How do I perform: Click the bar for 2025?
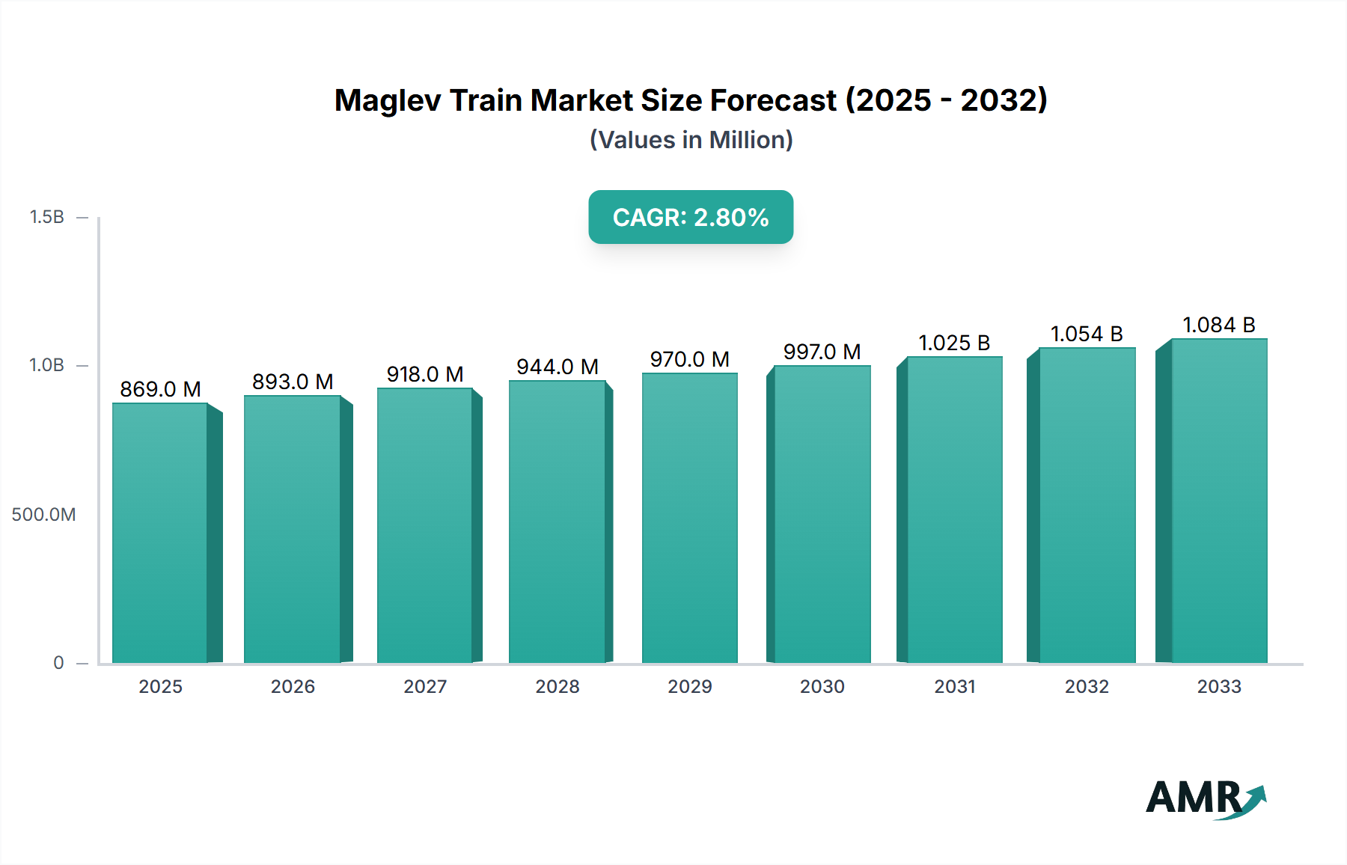(x=160, y=533)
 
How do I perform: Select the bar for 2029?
(x=689, y=518)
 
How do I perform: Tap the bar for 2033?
(x=1219, y=501)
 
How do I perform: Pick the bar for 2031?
(x=954, y=510)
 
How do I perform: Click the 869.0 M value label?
(x=160, y=389)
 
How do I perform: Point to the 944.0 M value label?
(x=558, y=367)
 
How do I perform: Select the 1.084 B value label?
(x=1219, y=325)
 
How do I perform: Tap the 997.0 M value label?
(x=822, y=352)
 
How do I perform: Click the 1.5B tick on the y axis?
(x=46, y=217)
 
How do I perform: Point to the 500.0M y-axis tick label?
(x=43, y=515)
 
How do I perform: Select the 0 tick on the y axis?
(x=58, y=663)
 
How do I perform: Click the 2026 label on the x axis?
(x=293, y=687)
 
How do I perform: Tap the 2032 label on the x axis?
(x=1087, y=687)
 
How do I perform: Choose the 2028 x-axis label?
(x=558, y=687)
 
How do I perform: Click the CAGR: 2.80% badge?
(x=691, y=217)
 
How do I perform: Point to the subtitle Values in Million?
(x=691, y=140)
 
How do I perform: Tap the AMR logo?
(x=1205, y=798)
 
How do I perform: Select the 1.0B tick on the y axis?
(x=46, y=365)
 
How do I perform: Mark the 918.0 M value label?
(x=425, y=374)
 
